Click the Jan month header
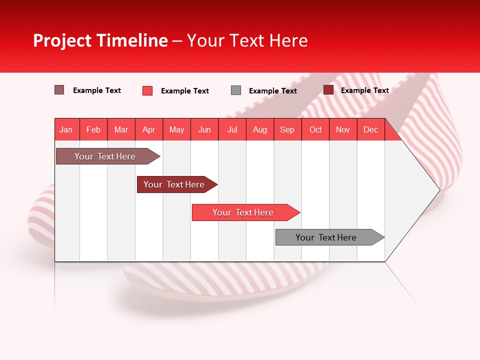[x=66, y=129]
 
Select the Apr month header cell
[x=149, y=129]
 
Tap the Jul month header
[x=232, y=129]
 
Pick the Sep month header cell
[x=287, y=129]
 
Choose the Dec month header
[x=370, y=129]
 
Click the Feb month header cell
[x=93, y=129]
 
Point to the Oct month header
[x=315, y=129]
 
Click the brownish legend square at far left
[x=59, y=90]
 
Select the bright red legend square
[x=147, y=90]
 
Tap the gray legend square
[x=236, y=90]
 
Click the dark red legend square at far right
[x=328, y=90]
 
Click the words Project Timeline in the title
[x=100, y=40]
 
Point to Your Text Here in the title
[x=247, y=40]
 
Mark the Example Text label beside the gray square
[x=272, y=91]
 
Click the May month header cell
[x=176, y=129]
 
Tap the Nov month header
[x=343, y=129]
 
